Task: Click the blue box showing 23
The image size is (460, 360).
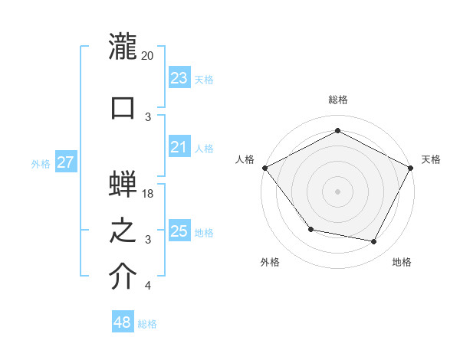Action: click(179, 78)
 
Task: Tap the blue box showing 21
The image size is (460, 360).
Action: click(179, 148)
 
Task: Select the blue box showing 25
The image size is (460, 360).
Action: click(179, 231)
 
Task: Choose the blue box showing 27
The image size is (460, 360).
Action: click(65, 163)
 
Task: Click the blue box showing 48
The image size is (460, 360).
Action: click(123, 322)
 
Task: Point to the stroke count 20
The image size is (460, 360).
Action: click(148, 56)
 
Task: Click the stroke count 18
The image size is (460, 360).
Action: click(148, 194)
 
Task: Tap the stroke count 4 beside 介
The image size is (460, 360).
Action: click(147, 286)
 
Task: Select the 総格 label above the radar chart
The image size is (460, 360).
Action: click(337, 100)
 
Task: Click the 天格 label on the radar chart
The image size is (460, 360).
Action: click(431, 159)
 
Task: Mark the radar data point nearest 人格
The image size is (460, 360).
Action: click(264, 168)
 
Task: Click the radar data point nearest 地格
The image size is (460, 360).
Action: click(374, 242)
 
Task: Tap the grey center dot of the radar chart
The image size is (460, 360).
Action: click(337, 191)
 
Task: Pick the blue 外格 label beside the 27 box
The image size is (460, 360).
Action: click(40, 164)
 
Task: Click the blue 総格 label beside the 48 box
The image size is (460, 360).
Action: click(147, 324)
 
